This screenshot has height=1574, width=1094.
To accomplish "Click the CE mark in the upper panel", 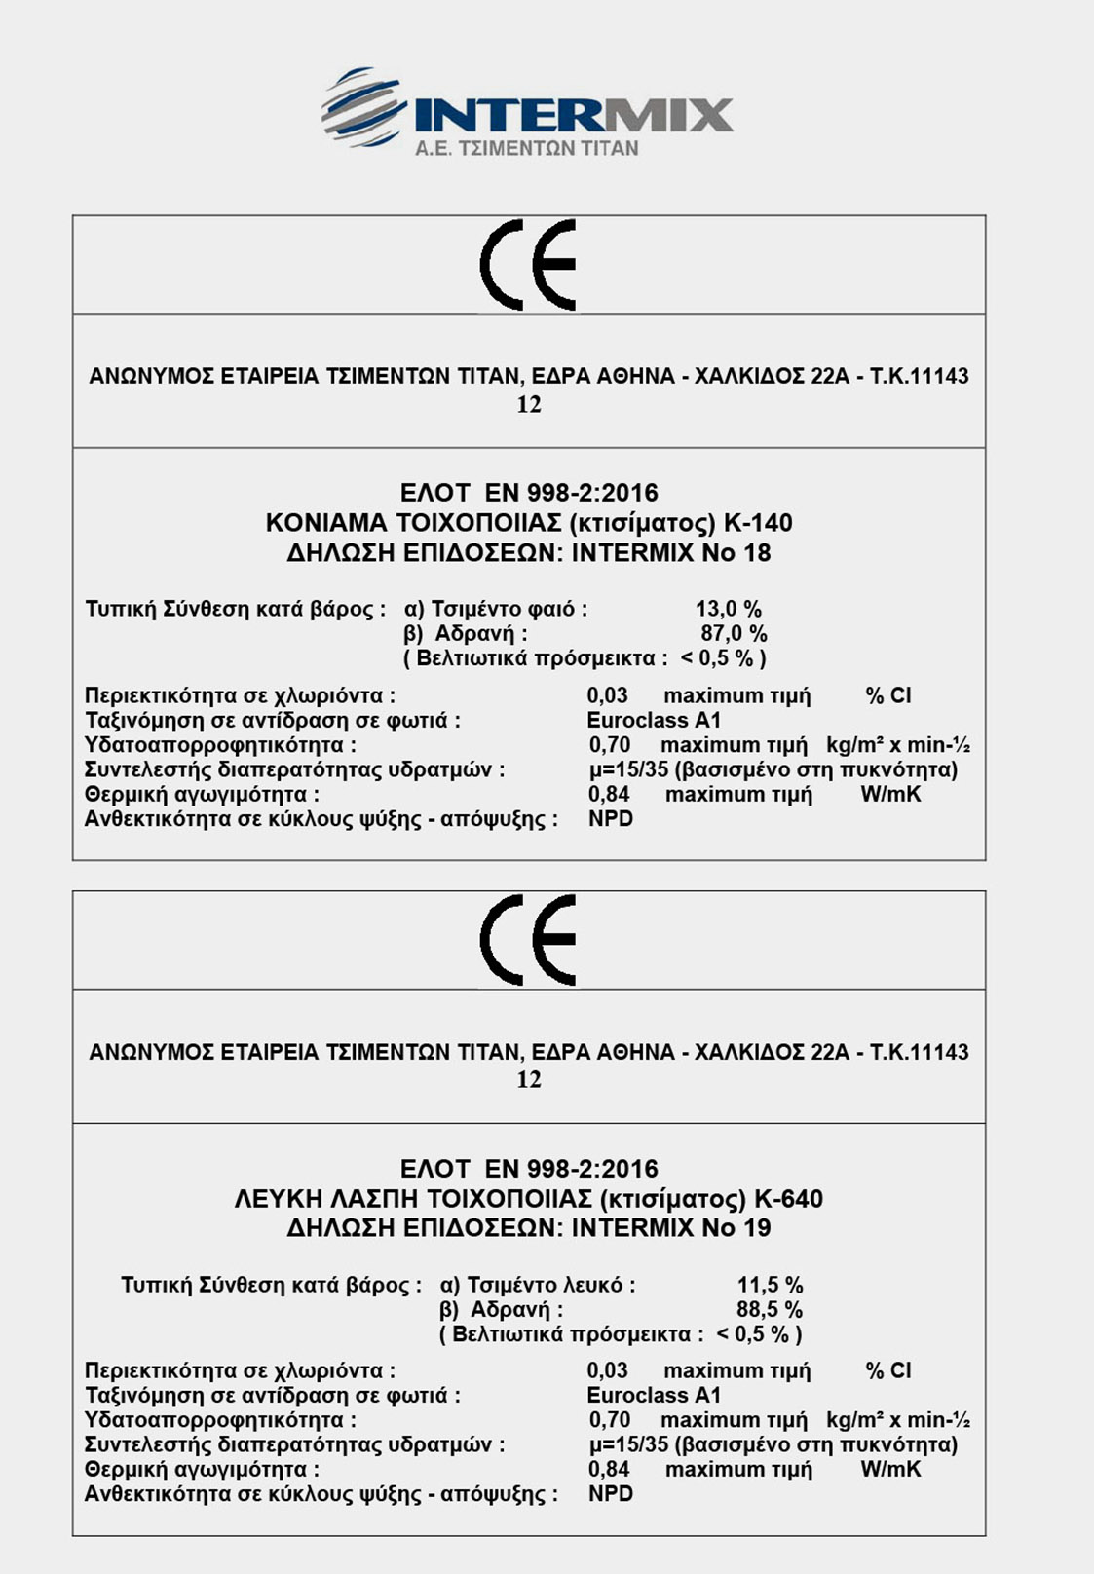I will coord(529,264).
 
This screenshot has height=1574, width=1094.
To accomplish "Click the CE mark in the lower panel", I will coord(529,940).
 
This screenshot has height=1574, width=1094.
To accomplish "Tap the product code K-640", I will coord(788,1199).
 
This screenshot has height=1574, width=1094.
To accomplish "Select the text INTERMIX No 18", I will coord(671,553).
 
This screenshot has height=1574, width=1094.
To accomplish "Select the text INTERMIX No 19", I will coord(671,1228).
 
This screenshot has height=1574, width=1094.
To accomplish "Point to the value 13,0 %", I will coord(729,610).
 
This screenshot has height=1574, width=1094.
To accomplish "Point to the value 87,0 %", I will coord(734,634).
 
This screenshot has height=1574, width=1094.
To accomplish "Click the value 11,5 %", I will coord(770,1286).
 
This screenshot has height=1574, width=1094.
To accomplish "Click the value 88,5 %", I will coord(770,1310).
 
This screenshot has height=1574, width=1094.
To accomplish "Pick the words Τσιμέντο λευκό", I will coord(549,1286).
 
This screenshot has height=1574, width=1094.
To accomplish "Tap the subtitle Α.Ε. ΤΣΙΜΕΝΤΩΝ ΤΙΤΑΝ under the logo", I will coord(526,149).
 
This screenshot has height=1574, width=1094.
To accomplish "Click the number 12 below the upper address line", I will coord(529,405).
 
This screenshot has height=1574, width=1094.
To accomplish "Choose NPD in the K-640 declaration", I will coord(611,1494).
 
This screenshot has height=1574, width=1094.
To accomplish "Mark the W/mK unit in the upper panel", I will coord(890,795).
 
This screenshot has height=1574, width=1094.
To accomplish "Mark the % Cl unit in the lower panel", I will coord(888,1371).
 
